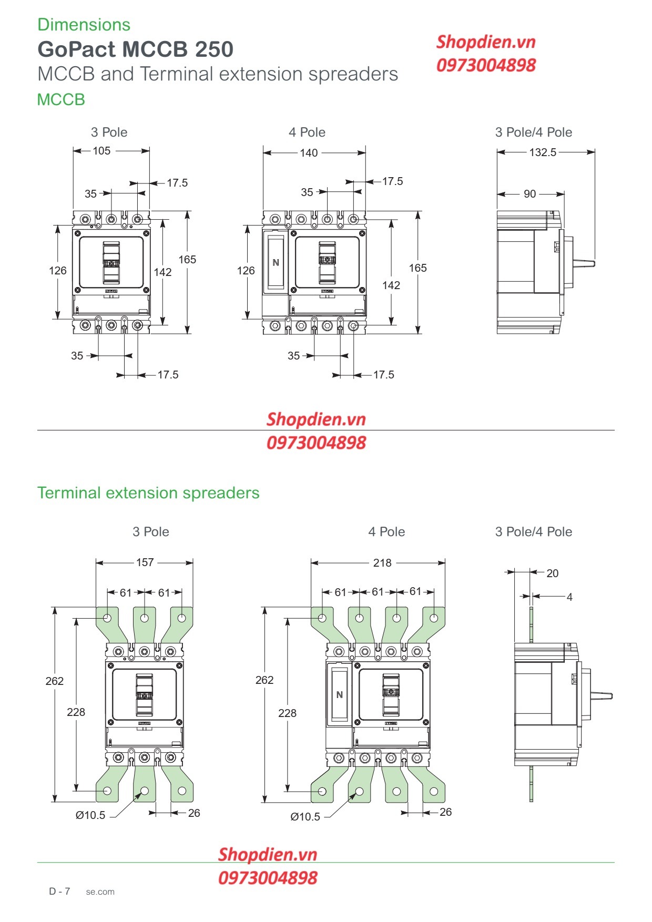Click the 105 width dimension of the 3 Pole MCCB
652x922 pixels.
(x=101, y=151)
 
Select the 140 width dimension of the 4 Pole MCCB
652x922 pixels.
(x=309, y=153)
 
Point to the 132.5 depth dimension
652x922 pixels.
(x=543, y=152)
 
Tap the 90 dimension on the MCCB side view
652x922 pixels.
(x=529, y=194)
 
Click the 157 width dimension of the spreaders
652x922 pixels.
(x=145, y=562)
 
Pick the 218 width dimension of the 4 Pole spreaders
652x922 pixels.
(x=382, y=563)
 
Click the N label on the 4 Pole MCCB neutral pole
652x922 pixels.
(x=276, y=262)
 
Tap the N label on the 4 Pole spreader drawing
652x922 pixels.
(x=339, y=695)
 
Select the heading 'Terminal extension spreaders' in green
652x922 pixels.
(x=148, y=493)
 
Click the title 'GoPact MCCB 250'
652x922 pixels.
(x=135, y=49)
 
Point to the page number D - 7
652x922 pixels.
(x=59, y=891)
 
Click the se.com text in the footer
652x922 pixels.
(x=100, y=892)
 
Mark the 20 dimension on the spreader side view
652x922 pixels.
(x=552, y=573)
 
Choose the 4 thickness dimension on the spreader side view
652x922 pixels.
(x=569, y=597)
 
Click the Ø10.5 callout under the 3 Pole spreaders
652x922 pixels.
(x=90, y=815)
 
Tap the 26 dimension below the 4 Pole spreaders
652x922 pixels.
(x=445, y=812)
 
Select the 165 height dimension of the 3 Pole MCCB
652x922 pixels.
(x=187, y=260)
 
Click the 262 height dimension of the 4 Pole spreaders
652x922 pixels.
(x=264, y=680)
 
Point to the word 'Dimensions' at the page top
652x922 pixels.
(x=84, y=25)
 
